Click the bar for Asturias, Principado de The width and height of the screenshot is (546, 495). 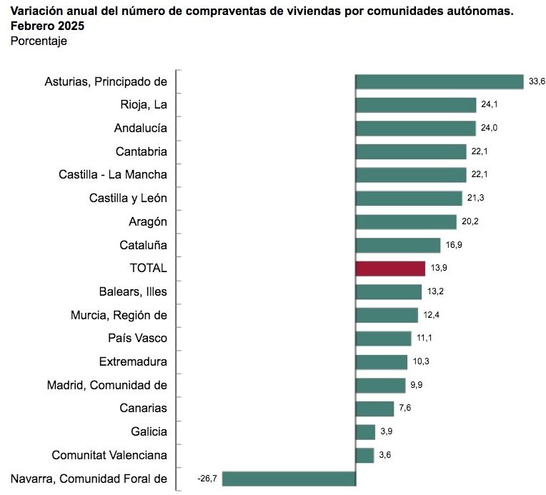tap(440, 81)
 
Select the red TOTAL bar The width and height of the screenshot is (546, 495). tap(390, 268)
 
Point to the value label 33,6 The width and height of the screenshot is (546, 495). tap(537, 81)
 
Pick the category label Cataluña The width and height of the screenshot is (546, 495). tap(143, 245)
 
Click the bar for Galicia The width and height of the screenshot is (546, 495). tap(365, 431)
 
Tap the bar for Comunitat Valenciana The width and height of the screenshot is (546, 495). tap(364, 455)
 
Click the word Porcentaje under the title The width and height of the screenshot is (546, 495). tap(39, 41)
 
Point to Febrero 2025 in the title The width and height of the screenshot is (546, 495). tap(47, 26)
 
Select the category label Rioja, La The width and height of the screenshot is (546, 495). tap(144, 105)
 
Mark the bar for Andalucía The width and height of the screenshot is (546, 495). tap(415, 129)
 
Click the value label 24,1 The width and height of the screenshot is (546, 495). tap(489, 105)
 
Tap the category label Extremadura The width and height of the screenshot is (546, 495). tap(133, 361)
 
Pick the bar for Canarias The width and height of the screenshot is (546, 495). tap(374, 408)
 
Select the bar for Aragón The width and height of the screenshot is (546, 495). tap(406, 221)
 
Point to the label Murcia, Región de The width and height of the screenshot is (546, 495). tap(119, 314)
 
